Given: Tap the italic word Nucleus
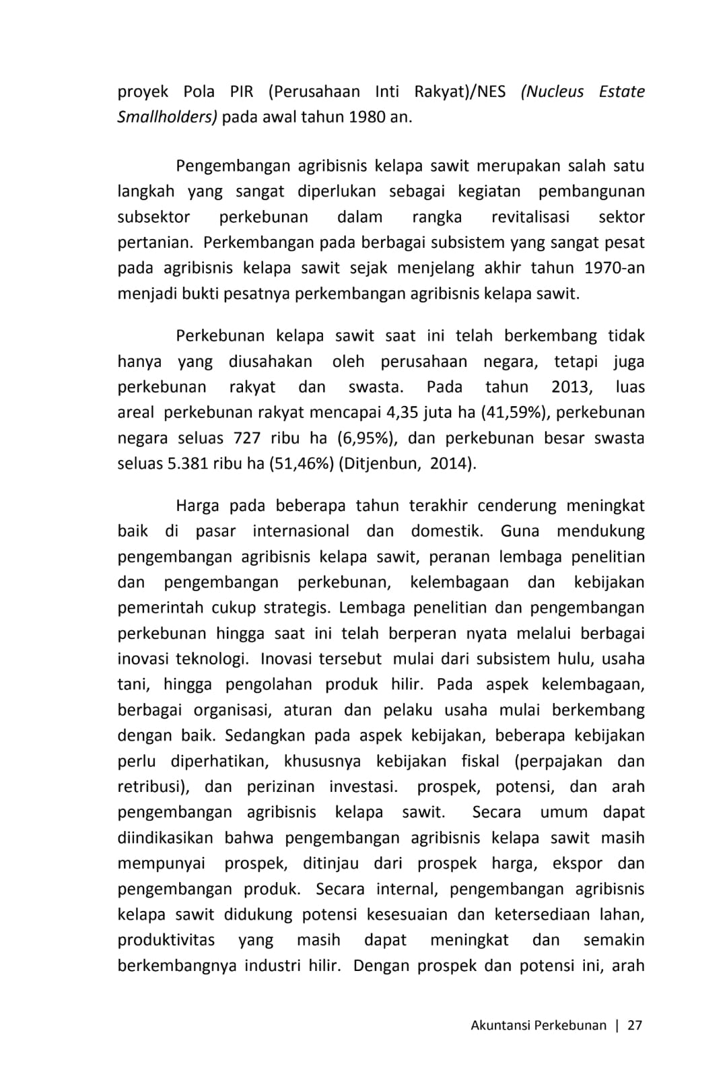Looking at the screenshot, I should pyautogui.click(x=552, y=92).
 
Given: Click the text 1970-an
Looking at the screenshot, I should pyautogui.click(x=615, y=268).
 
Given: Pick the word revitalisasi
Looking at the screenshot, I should pyautogui.click(x=530, y=217).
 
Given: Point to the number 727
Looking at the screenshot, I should pyautogui.click(x=247, y=438).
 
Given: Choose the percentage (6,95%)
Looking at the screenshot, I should pyautogui.click(x=366, y=438).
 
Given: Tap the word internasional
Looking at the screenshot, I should pyautogui.click(x=301, y=531).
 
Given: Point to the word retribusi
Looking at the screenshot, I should pyautogui.click(x=151, y=787).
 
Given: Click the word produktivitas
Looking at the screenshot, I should pyautogui.click(x=166, y=941).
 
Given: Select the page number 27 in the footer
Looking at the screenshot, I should pyautogui.click(x=635, y=1026).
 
